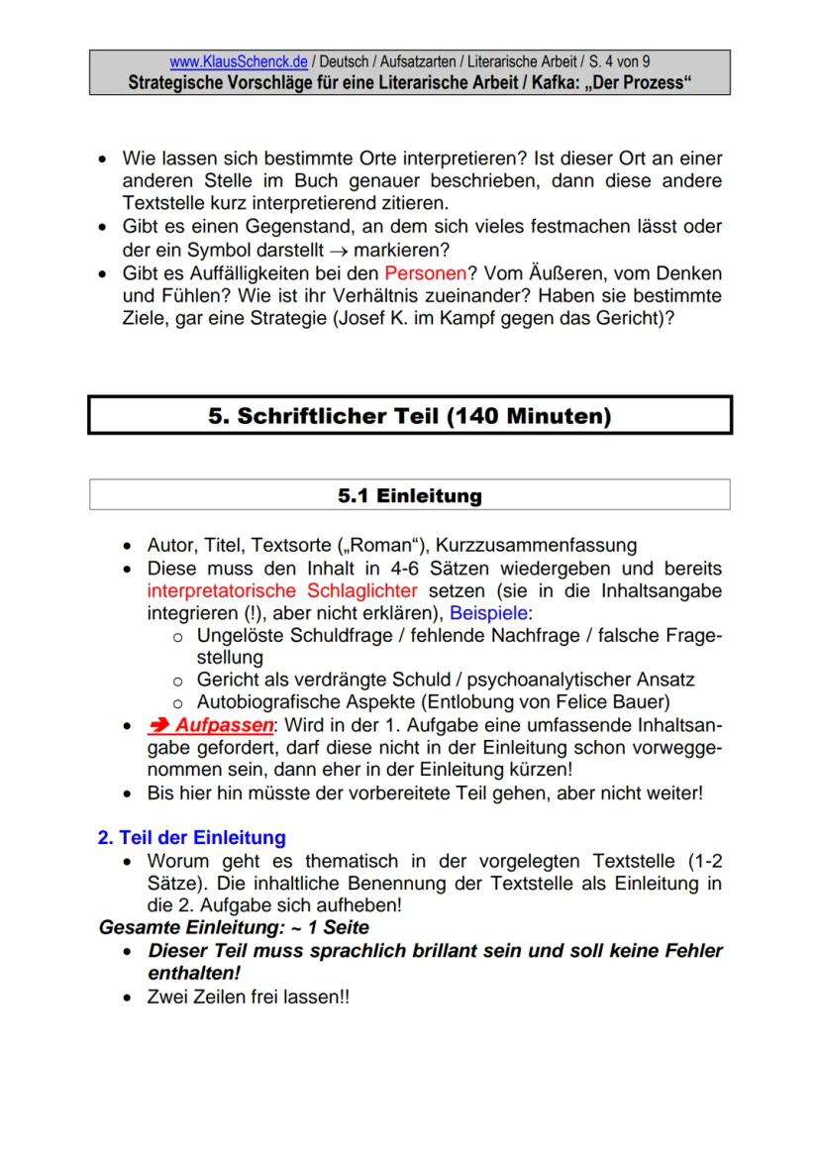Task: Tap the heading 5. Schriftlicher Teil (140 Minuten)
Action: [409, 416]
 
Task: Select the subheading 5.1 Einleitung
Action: [409, 496]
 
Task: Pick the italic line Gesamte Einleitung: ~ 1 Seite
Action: [234, 928]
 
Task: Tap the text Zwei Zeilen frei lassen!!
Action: [248, 997]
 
